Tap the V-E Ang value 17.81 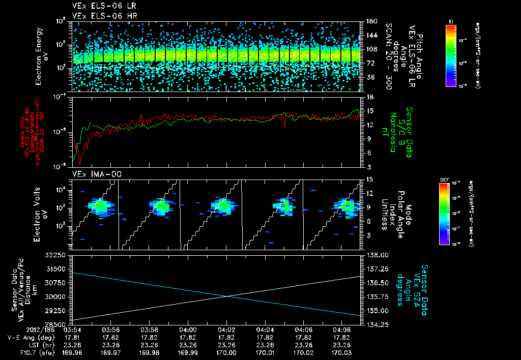[73, 337]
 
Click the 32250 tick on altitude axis [59, 254]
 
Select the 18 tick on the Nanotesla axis [370, 97]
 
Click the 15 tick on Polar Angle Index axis [370, 179]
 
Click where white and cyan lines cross [226, 296]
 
